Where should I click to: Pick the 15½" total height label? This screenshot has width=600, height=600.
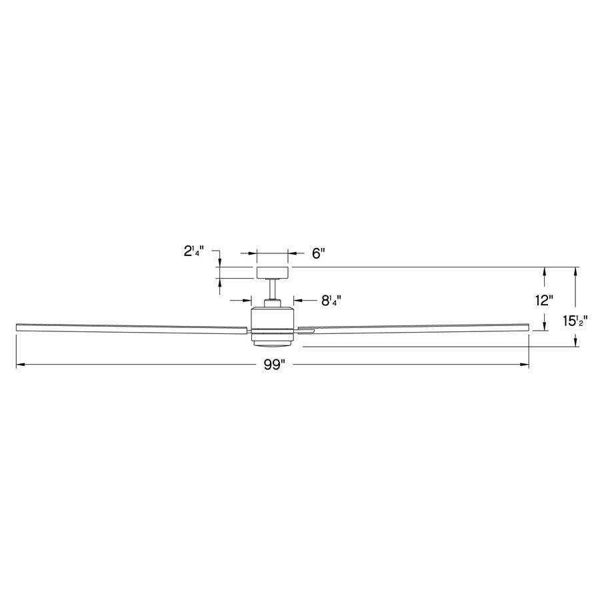coord(574,321)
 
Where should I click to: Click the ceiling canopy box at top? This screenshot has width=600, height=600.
coord(272,272)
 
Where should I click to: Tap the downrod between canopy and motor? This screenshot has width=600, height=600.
coord(272,289)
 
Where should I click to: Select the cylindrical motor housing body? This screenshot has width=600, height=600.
coord(272,319)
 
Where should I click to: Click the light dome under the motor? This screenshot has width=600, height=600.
coord(272,342)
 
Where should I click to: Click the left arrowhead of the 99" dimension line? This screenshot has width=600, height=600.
coord(19,365)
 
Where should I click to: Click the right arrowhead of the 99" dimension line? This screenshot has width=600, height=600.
coord(525,365)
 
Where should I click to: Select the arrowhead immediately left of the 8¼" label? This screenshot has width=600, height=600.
coord(297,301)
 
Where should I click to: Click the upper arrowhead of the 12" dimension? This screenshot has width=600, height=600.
coord(545,271)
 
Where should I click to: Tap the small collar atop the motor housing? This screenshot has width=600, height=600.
coord(272,303)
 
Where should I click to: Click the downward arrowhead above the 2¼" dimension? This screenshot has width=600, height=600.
coord(219,263)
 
